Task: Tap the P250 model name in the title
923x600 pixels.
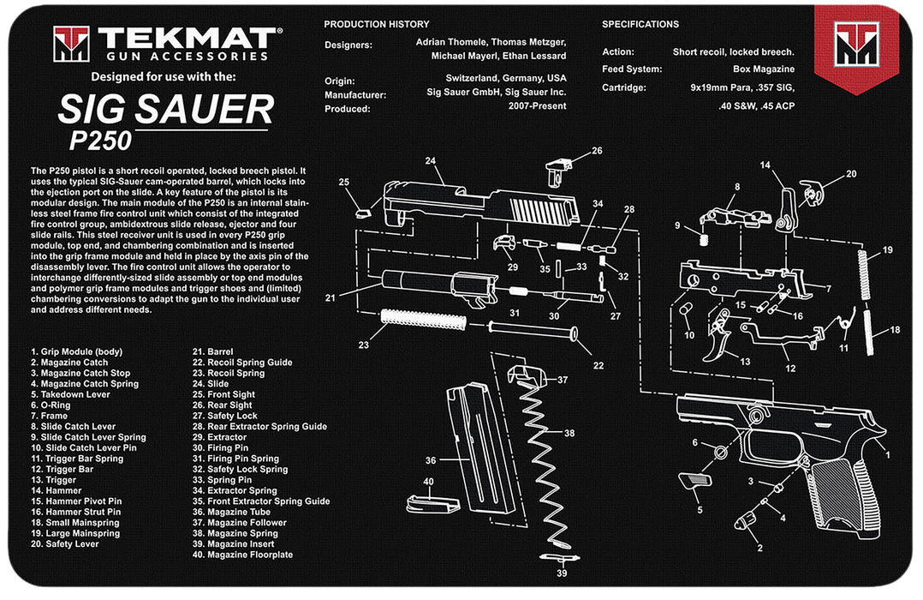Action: pyautogui.click(x=100, y=139)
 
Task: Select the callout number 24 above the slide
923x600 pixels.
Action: pyautogui.click(x=431, y=160)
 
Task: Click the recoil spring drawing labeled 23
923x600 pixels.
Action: pyautogui.click(x=423, y=321)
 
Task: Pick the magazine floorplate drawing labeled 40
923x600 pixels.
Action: pyautogui.click(x=429, y=503)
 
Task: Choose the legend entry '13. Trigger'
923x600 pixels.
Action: pyautogui.click(x=54, y=480)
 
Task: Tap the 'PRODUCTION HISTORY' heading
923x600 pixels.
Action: pyautogui.click(x=377, y=24)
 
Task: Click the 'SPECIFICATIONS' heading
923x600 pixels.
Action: pyautogui.click(x=640, y=24)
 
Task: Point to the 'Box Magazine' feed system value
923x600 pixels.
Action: pyautogui.click(x=764, y=69)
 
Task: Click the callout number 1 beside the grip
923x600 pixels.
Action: pyautogui.click(x=888, y=454)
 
